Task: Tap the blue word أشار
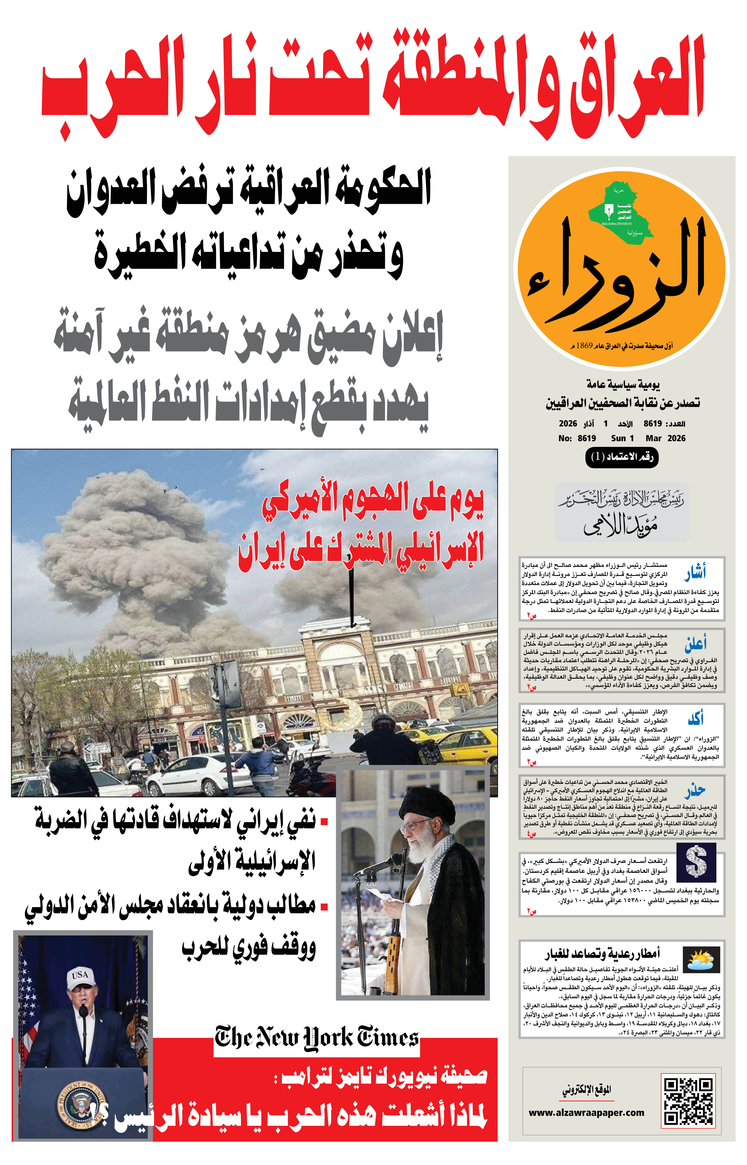pos(695,573)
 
